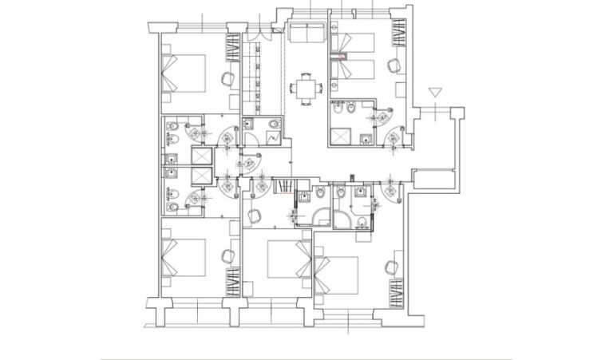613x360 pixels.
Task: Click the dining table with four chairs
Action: tap(306, 86)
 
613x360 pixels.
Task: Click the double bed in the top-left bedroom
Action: tap(184, 74)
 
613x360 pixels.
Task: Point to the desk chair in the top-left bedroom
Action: tap(227, 78)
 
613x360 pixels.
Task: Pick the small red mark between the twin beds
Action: tap(342, 56)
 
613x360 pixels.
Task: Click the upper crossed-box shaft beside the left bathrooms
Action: tap(200, 156)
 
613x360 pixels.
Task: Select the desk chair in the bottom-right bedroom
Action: tap(392, 267)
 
